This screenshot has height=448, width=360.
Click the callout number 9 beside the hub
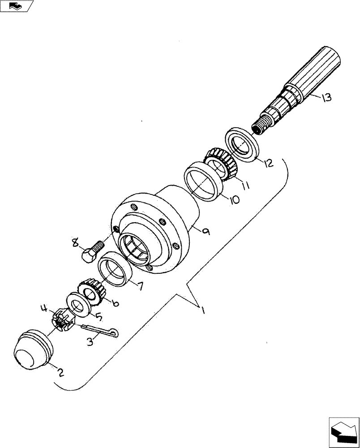206,231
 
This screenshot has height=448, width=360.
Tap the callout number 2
60,371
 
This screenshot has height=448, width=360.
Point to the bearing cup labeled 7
114,271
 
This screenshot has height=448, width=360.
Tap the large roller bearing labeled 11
221,163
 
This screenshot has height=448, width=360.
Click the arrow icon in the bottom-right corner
344,430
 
